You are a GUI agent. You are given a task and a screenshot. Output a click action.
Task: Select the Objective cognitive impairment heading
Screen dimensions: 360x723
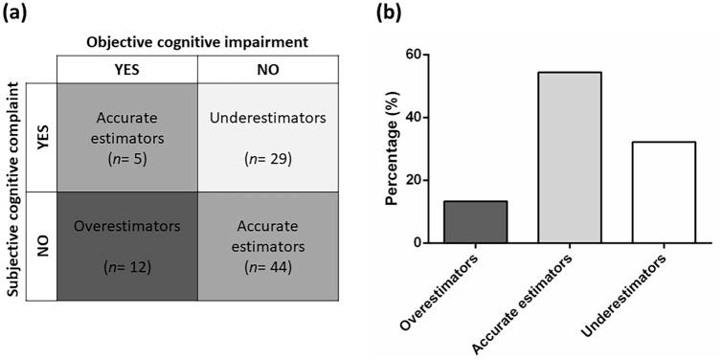(x=196, y=41)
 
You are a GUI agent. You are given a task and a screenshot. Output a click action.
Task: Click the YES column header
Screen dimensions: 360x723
(x=126, y=68)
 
